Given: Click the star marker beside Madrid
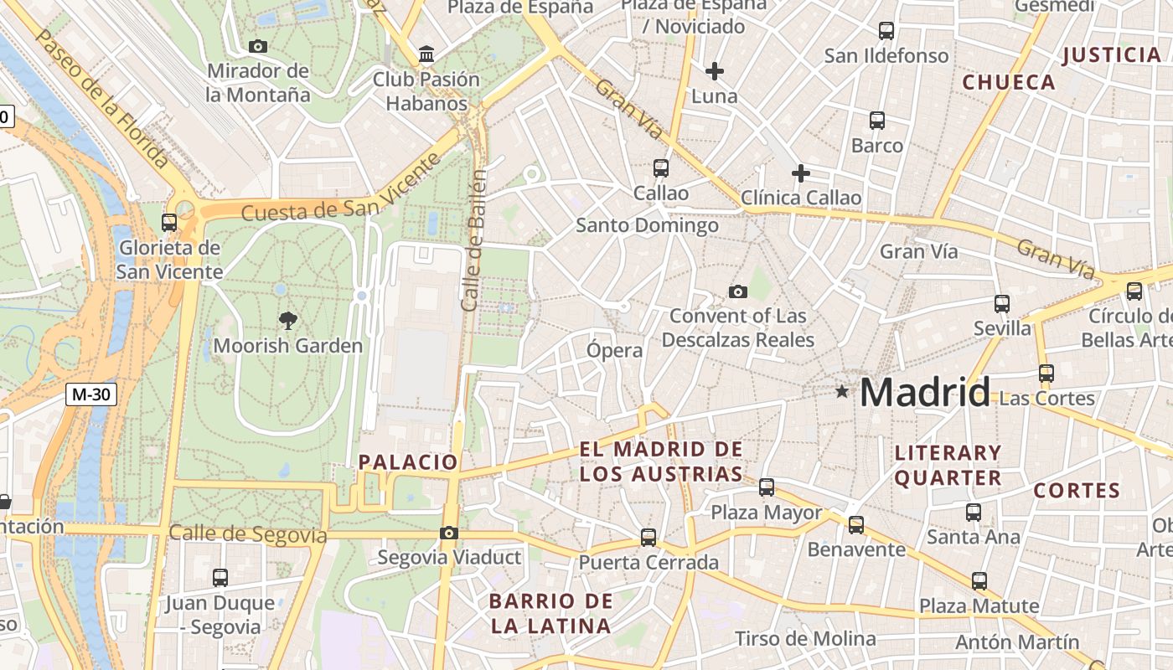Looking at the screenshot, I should pyautogui.click(x=842, y=391).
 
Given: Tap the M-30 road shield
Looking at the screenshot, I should pyautogui.click(x=91, y=394).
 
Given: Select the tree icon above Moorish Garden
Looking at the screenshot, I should pyautogui.click(x=287, y=320).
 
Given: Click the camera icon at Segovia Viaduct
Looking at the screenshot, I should pyautogui.click(x=449, y=533).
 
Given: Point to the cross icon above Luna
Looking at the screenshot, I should pyautogui.click(x=714, y=70).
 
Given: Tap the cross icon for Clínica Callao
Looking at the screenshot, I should pyautogui.click(x=801, y=173).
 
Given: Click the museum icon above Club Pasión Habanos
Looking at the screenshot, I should pyautogui.click(x=426, y=54).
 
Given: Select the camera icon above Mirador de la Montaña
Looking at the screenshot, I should pyautogui.click(x=258, y=46).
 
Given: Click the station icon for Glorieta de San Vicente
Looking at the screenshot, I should pyautogui.click(x=169, y=223).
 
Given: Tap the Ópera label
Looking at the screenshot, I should pyautogui.click(x=615, y=350).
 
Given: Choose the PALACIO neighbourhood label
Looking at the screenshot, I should pyautogui.click(x=408, y=462).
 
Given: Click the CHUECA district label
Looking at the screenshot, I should pyautogui.click(x=1009, y=82).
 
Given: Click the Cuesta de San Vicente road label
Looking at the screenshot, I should pyautogui.click(x=340, y=188).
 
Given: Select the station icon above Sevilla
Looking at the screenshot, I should pyautogui.click(x=1002, y=303).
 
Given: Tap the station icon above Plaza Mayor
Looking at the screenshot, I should pyautogui.click(x=767, y=487).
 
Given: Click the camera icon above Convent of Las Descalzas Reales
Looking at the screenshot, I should pyautogui.click(x=737, y=291).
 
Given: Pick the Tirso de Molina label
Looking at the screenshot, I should pyautogui.click(x=805, y=639).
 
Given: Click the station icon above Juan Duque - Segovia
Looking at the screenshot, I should pyautogui.click(x=220, y=577).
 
